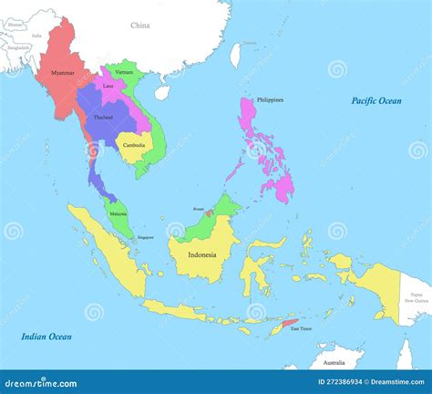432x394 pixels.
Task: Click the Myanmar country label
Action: [63, 72]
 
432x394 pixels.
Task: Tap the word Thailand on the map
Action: [103, 118]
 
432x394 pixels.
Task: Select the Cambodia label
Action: [134, 146]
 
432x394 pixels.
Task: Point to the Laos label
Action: [108, 87]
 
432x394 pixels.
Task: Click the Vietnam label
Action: [124, 72]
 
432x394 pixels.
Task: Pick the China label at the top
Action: [139, 26]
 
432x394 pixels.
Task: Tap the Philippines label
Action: [270, 99]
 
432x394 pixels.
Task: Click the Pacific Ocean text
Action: [376, 101]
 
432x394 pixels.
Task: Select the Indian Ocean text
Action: [46, 337]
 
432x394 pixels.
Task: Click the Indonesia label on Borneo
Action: [202, 254]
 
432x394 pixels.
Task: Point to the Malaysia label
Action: [118, 213]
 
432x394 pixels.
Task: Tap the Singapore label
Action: [146, 237]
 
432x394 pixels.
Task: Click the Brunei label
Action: [198, 209]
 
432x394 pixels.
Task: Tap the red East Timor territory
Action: [289, 324]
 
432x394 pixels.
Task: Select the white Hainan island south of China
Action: [162, 92]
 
